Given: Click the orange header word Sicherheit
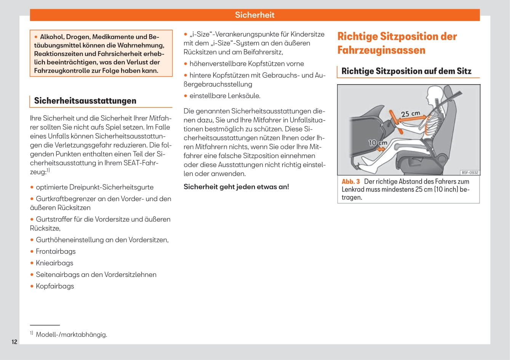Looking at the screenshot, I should (x=254, y=15).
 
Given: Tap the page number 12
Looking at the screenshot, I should (x=14, y=342).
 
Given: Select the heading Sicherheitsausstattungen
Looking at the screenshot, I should (x=85, y=101).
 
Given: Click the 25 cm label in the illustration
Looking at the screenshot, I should (x=410, y=114).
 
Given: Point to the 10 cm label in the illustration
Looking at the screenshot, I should (x=377, y=143).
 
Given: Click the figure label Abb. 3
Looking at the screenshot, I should (x=350, y=182).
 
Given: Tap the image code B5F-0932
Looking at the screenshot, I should (x=470, y=173).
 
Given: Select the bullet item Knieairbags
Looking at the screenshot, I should (x=54, y=263).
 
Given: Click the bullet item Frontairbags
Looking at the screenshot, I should (x=56, y=251).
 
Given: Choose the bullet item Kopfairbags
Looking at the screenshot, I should (x=55, y=286).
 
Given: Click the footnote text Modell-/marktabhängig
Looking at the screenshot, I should (x=71, y=335).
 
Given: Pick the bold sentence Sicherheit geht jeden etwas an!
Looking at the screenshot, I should (x=236, y=187).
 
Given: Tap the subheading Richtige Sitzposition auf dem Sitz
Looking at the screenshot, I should (x=406, y=71).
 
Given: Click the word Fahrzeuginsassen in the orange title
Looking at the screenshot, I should (x=381, y=50).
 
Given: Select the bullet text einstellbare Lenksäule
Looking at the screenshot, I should (x=225, y=96).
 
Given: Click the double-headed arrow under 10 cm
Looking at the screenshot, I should (x=381, y=150).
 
